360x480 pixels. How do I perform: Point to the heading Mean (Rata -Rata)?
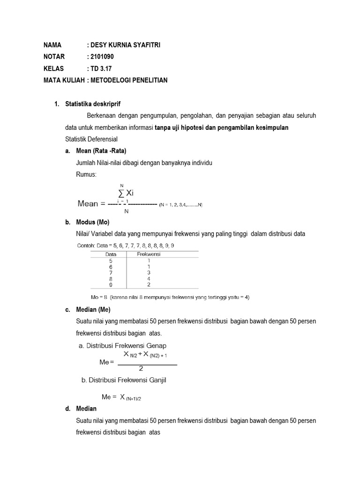(101, 150)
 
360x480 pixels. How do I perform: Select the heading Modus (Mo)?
(92, 223)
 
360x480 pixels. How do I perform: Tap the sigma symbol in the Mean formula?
(121, 193)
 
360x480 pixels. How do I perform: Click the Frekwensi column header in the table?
(149, 254)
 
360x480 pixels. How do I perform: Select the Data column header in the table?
(110, 254)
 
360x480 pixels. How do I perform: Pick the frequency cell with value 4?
(149, 278)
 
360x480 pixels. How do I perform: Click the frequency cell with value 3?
(149, 272)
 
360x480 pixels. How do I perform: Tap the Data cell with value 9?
(110, 284)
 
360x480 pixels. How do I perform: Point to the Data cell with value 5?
(110, 260)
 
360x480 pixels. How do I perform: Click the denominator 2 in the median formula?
(147, 368)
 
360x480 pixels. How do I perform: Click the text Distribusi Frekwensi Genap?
(126, 346)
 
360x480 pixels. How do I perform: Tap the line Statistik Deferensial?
(91, 139)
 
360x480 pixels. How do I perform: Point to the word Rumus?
(86, 174)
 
